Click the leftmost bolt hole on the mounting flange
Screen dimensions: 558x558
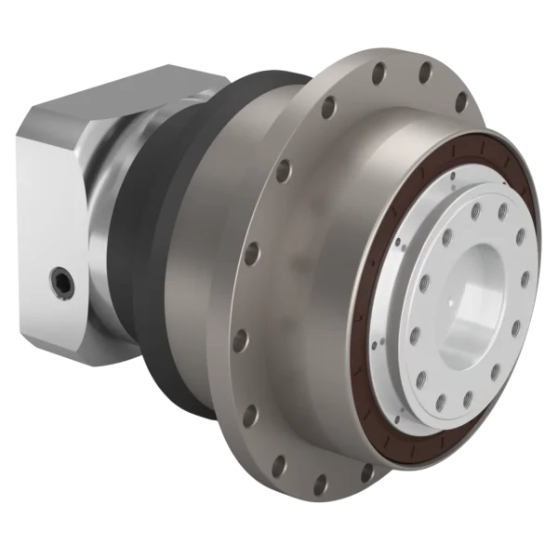(248, 252)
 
